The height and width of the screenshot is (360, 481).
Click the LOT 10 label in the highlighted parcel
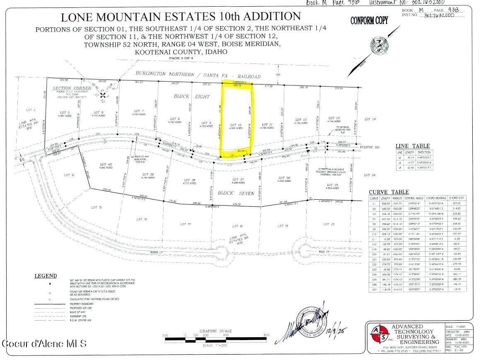tap(236, 125)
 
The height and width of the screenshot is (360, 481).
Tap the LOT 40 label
tap(106, 166)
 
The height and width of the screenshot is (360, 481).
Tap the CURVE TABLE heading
tap(389, 192)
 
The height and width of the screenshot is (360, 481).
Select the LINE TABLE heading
tap(413, 146)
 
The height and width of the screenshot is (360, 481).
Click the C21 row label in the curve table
tap(374, 259)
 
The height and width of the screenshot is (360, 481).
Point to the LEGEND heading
tap(46, 276)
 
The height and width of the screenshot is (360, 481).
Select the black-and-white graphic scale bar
tap(215, 340)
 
